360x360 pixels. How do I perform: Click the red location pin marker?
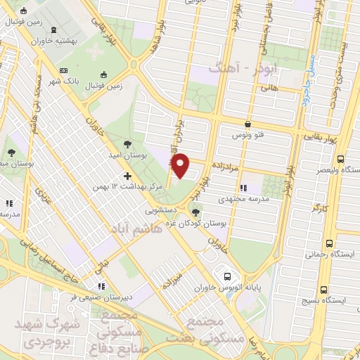tap(181, 165)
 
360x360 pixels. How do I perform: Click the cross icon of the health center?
tap(127, 175)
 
